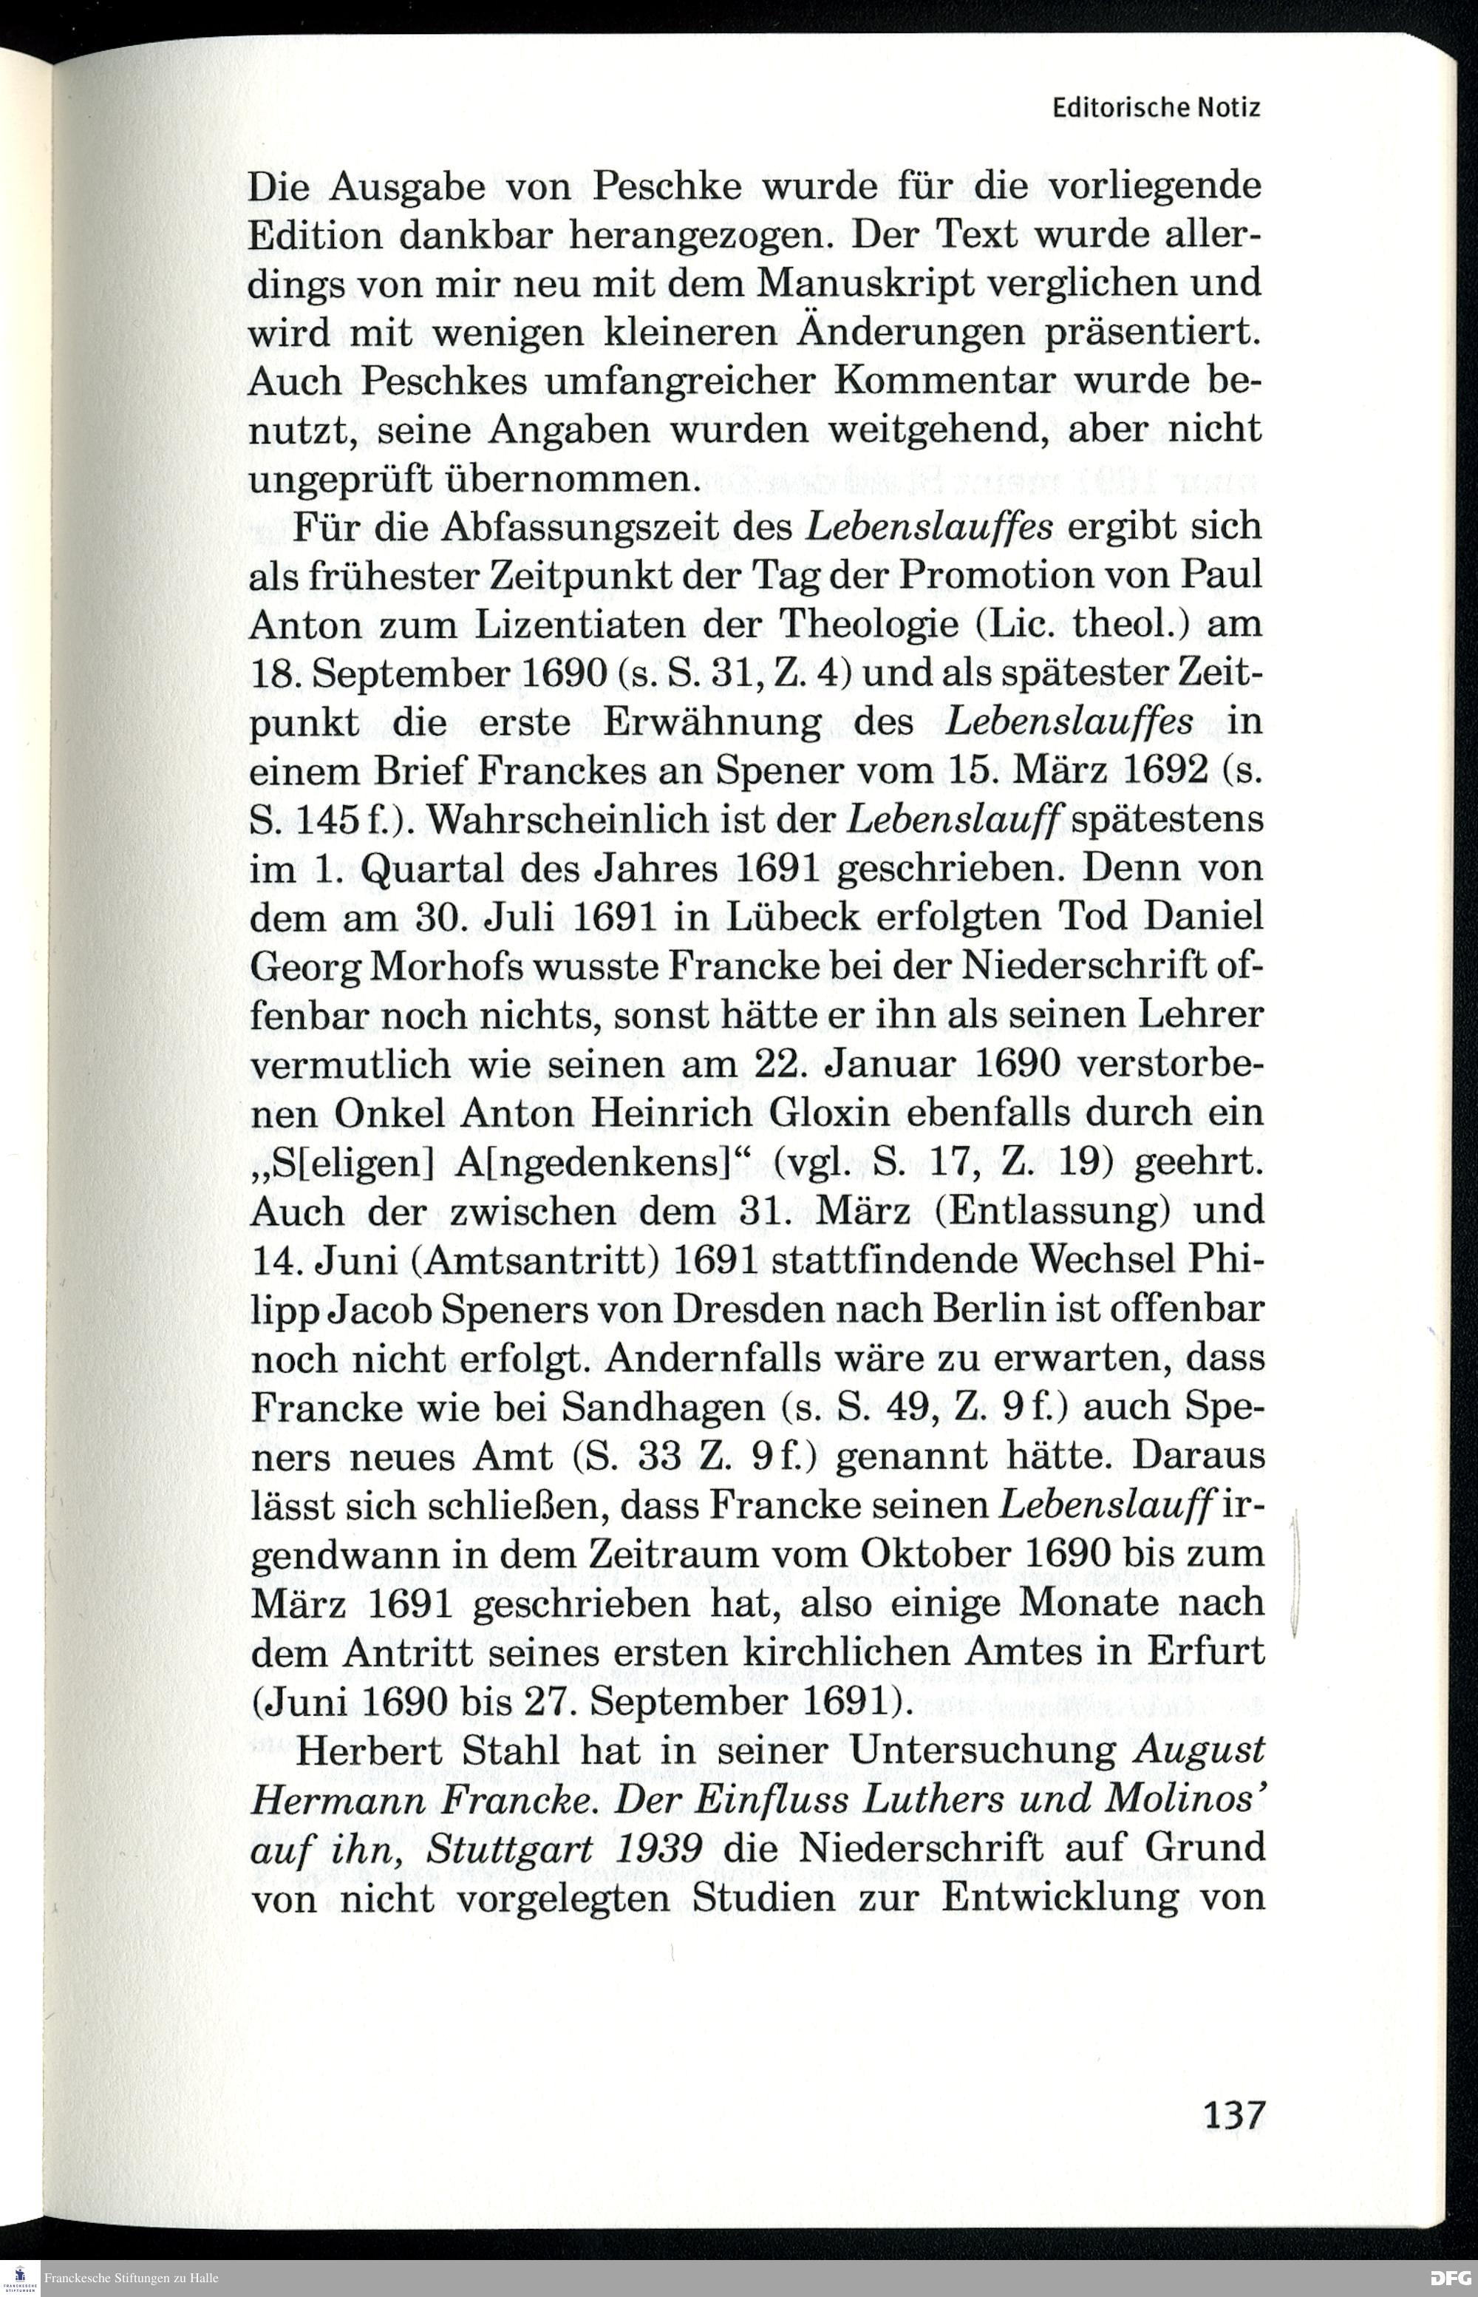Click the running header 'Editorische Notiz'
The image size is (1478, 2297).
pyautogui.click(x=1156, y=107)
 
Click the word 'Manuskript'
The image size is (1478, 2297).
pyautogui.click(x=861, y=283)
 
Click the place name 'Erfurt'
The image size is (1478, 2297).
pyautogui.click(x=1205, y=1652)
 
